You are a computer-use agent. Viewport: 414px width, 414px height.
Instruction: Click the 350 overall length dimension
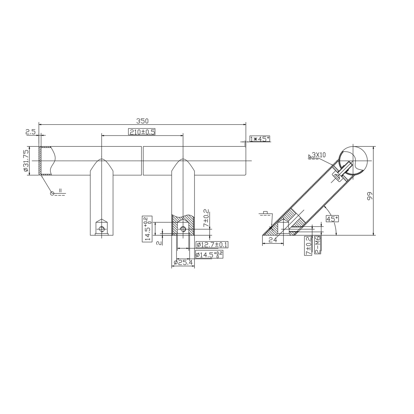point(142,121)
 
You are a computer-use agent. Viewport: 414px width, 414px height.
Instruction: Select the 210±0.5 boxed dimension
point(142,132)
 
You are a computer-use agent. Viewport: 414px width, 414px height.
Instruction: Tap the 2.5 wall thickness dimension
point(31,132)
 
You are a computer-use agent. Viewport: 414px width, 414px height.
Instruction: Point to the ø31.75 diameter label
point(26,161)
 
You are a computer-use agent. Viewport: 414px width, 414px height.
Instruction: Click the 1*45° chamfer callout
point(260,139)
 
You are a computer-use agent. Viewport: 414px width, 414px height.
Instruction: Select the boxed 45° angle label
point(332,219)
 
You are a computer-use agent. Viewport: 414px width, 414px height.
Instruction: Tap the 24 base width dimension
point(273,240)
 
